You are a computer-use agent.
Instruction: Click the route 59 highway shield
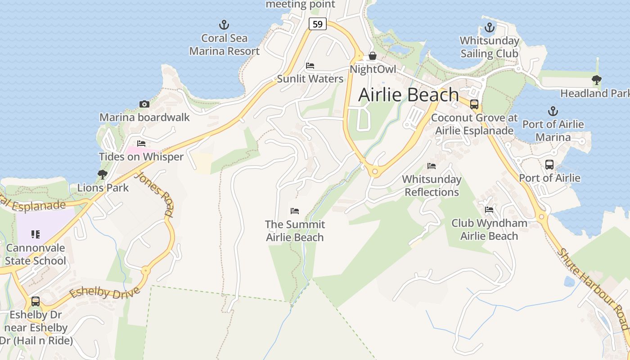(318, 24)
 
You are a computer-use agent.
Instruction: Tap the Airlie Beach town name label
(409, 95)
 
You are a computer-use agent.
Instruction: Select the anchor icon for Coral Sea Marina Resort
(224, 25)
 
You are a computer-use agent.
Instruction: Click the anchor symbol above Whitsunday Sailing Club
(489, 27)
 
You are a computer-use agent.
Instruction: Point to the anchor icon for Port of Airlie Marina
(553, 111)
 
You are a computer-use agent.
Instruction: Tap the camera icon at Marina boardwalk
(144, 104)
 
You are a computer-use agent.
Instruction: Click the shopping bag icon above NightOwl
(373, 56)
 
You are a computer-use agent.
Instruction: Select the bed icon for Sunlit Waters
(310, 66)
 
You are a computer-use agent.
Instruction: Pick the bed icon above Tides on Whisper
(141, 144)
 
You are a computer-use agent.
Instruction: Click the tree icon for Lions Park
(103, 174)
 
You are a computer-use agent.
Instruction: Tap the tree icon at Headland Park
(597, 80)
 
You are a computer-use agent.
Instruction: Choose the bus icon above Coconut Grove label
(474, 104)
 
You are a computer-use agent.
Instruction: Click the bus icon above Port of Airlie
(549, 165)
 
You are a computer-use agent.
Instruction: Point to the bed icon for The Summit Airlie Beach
(295, 211)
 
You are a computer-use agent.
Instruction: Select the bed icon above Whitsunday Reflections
(432, 166)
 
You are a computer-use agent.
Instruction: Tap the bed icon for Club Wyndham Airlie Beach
(489, 209)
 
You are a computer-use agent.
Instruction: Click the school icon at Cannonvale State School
(36, 234)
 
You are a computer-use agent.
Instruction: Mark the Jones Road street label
(154, 193)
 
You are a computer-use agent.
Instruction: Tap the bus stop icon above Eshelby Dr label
(36, 301)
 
